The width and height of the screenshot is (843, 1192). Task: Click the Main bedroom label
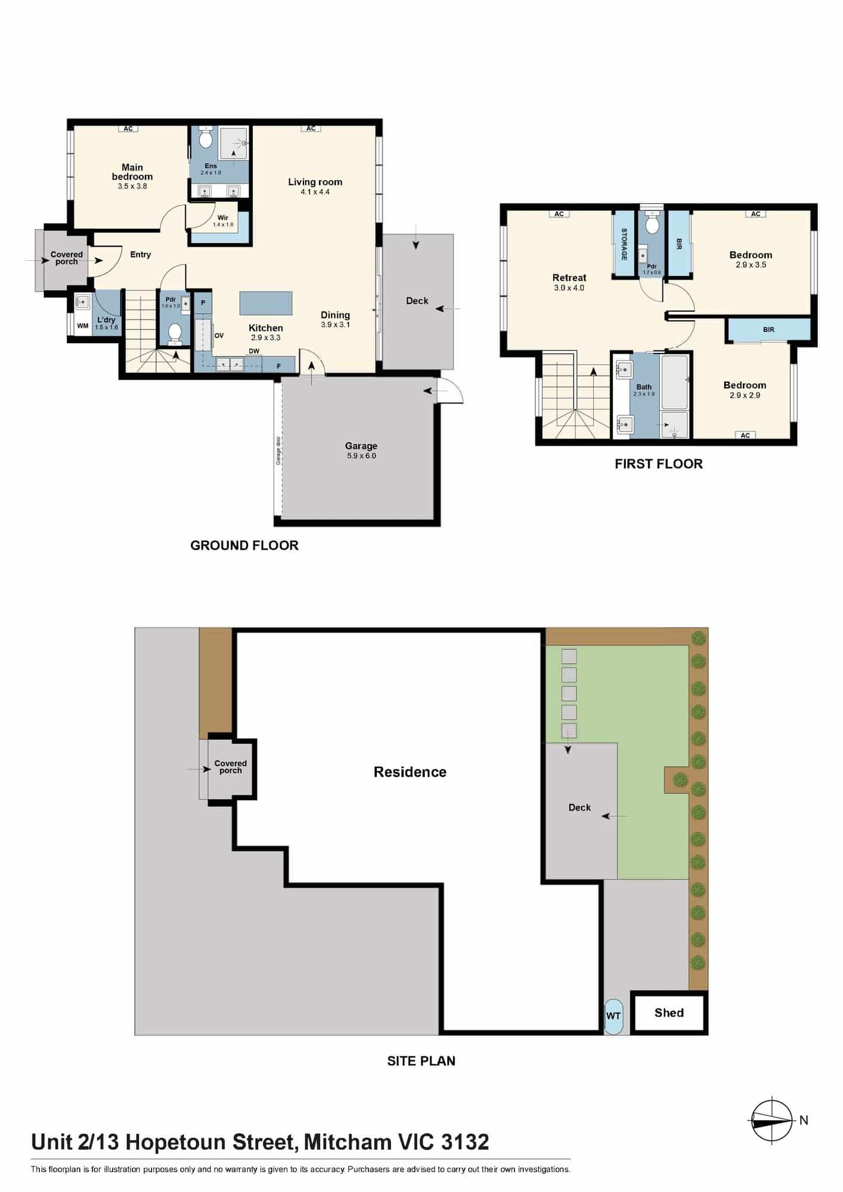tap(132, 172)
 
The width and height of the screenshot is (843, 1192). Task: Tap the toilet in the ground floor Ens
tap(206, 138)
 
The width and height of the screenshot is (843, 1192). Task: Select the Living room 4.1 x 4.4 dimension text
tap(315, 192)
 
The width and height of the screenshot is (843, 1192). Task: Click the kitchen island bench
tap(266, 303)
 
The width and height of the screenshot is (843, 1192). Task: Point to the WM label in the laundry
tap(83, 326)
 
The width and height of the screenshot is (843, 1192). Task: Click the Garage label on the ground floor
tap(361, 446)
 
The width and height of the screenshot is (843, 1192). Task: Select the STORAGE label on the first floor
tap(624, 244)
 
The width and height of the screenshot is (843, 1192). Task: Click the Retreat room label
tap(569, 278)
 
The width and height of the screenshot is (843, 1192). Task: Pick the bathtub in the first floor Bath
tap(674, 381)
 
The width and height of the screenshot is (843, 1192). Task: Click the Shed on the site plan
tap(669, 1013)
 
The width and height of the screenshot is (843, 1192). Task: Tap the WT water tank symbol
tap(613, 1016)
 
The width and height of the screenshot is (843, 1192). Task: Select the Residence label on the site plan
tap(410, 772)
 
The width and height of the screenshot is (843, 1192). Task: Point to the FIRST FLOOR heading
tap(659, 464)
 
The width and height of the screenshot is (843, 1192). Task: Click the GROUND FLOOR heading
tap(244, 545)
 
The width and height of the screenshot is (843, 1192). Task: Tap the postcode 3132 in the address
tap(465, 1142)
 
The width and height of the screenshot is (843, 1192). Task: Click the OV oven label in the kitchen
tap(219, 336)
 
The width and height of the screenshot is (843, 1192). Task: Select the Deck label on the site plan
tap(579, 808)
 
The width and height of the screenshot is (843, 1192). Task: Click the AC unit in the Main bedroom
tap(128, 128)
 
